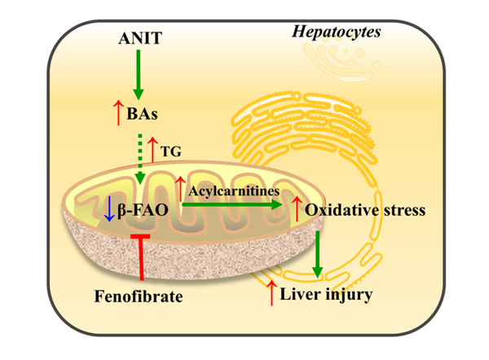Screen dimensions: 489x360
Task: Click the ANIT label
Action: (140, 38)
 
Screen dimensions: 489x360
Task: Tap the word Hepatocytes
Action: (336, 33)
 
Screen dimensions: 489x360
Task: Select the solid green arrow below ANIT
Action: (139, 75)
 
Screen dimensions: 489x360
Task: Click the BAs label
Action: (142, 114)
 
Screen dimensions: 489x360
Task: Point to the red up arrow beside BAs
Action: (118, 113)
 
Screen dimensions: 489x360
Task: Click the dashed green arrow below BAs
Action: (140, 159)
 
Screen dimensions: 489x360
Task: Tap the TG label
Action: (171, 151)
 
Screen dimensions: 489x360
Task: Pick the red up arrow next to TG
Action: (153, 150)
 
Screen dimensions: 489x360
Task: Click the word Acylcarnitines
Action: (234, 191)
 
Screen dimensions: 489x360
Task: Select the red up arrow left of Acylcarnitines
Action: (180, 189)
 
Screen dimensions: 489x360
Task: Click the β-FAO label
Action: (143, 210)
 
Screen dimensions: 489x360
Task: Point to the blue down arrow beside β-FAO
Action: (109, 209)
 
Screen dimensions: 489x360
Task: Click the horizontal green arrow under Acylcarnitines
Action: (232, 204)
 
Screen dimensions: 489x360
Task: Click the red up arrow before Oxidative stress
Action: (297, 209)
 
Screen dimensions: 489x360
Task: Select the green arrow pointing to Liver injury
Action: (318, 254)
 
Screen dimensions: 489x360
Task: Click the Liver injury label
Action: (326, 295)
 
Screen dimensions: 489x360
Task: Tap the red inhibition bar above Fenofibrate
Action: (141, 257)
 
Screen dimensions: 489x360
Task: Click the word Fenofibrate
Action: (139, 296)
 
